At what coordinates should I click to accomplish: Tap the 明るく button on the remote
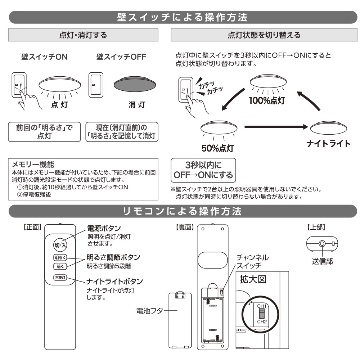(x=58, y=258)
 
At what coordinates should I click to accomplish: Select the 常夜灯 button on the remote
(x=58, y=278)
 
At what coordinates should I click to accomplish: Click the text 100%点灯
(x=267, y=100)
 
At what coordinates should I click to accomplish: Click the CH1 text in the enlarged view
(x=262, y=305)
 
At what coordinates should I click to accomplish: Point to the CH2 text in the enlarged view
(x=262, y=321)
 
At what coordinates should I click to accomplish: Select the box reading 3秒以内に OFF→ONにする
(x=203, y=171)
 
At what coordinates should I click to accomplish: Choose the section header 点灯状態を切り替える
(x=264, y=35)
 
